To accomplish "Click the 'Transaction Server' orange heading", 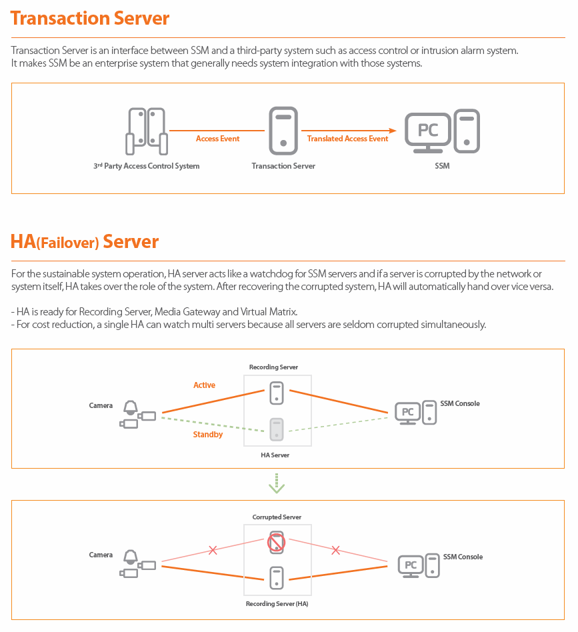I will [x=90, y=18].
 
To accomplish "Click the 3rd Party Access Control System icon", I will [x=147, y=131].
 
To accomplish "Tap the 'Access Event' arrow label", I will [x=217, y=139].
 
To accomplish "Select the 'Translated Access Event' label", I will [x=347, y=139].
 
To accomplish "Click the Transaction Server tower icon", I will [x=283, y=131].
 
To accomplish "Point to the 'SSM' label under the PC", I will [x=442, y=166].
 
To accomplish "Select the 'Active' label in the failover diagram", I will [x=204, y=385].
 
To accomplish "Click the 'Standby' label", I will [x=208, y=435].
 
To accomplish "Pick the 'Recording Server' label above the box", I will [x=273, y=367].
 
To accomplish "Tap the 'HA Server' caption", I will [x=275, y=455].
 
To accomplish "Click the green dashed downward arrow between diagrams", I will [x=277, y=483].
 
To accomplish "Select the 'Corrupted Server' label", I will [x=277, y=517].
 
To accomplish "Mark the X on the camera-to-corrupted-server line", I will [x=213, y=550].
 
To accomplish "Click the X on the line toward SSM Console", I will [x=336, y=550].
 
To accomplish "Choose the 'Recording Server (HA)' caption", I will [x=277, y=604].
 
